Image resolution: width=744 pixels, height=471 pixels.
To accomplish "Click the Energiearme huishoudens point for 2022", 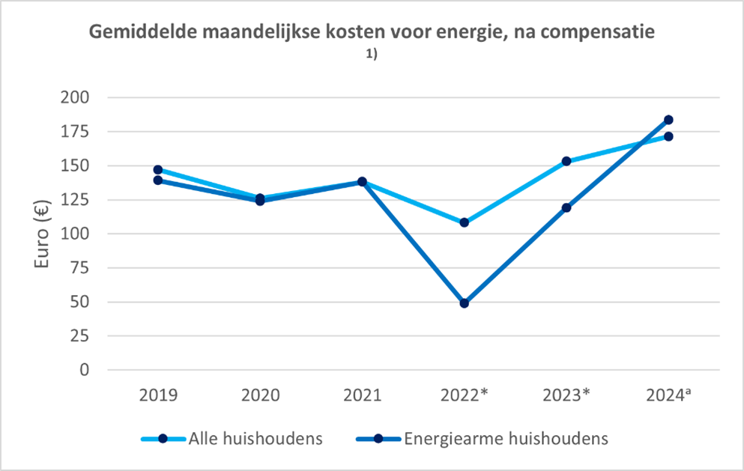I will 465,303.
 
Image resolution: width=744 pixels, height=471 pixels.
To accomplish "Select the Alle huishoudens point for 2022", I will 465,222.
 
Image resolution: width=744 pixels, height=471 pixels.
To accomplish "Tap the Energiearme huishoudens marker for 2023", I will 566,207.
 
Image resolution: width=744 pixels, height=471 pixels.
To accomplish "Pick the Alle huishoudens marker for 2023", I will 566,161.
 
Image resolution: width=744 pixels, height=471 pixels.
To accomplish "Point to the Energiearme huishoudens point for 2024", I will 668,120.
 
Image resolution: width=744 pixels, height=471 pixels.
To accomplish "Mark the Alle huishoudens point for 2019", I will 158,170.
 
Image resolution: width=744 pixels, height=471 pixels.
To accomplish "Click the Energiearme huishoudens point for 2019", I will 158,180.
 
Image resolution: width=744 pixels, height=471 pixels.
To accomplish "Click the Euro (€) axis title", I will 42,234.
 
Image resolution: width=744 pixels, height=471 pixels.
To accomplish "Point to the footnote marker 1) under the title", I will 372,53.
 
